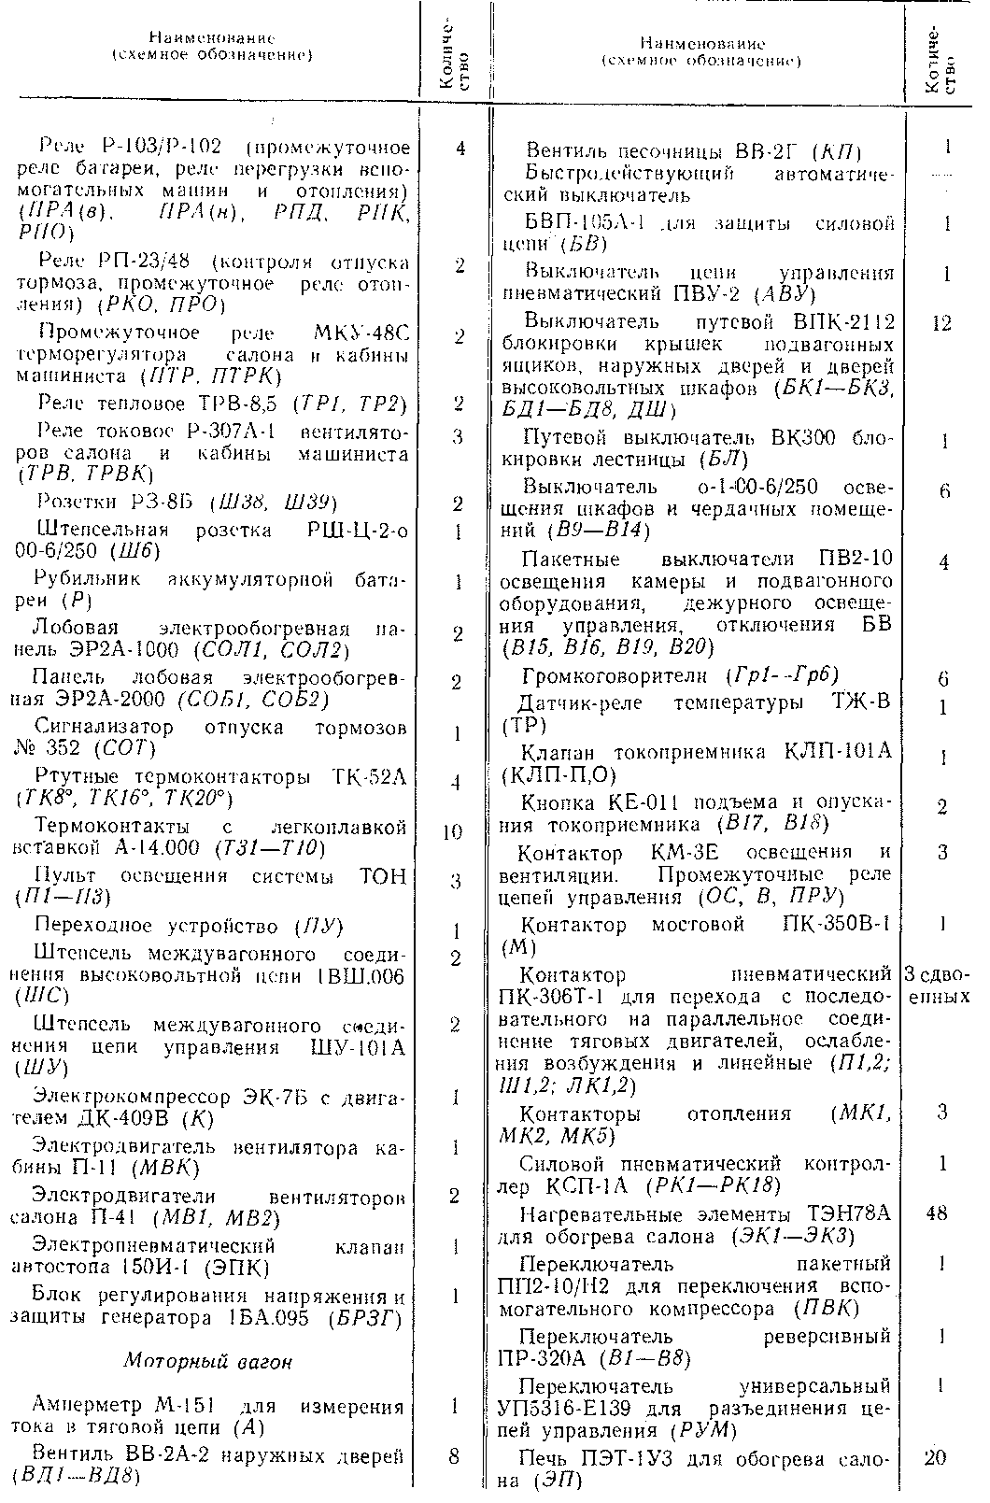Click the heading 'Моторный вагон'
[x=207, y=1361]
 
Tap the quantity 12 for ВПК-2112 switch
[x=940, y=323]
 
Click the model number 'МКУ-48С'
[x=361, y=333]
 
